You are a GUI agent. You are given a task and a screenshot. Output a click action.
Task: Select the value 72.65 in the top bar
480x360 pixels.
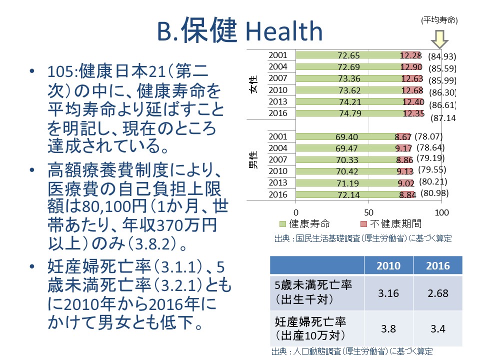click(x=349, y=55)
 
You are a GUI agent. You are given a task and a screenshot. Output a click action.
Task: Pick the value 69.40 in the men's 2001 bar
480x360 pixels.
click(x=346, y=136)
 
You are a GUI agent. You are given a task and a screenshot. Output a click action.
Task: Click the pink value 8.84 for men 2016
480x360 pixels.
click(x=407, y=195)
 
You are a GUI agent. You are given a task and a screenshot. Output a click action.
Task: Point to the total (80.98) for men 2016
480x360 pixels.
click(x=433, y=193)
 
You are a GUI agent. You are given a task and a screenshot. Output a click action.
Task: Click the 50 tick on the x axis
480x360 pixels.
click(x=369, y=212)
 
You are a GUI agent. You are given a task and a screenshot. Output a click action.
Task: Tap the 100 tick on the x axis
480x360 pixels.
click(x=441, y=212)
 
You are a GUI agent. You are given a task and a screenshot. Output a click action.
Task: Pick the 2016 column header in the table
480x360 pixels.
click(x=437, y=266)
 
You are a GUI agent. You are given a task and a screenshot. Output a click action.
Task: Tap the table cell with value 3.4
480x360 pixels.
click(x=437, y=329)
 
